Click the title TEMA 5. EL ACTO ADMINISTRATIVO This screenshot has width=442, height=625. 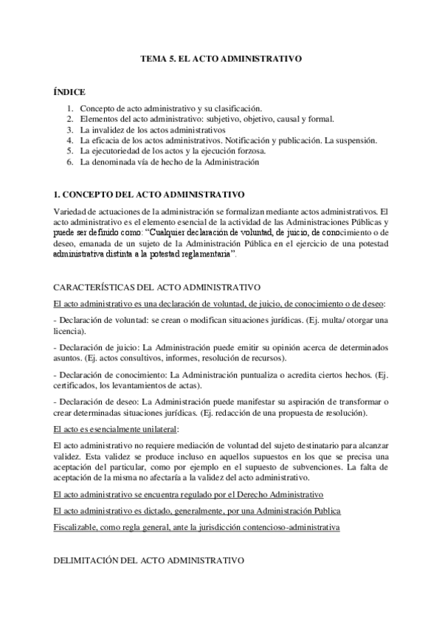point(221,57)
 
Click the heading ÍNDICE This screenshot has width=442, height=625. point(69,92)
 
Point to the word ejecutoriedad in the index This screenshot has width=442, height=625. point(118,150)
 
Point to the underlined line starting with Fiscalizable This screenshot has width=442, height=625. point(197,528)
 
